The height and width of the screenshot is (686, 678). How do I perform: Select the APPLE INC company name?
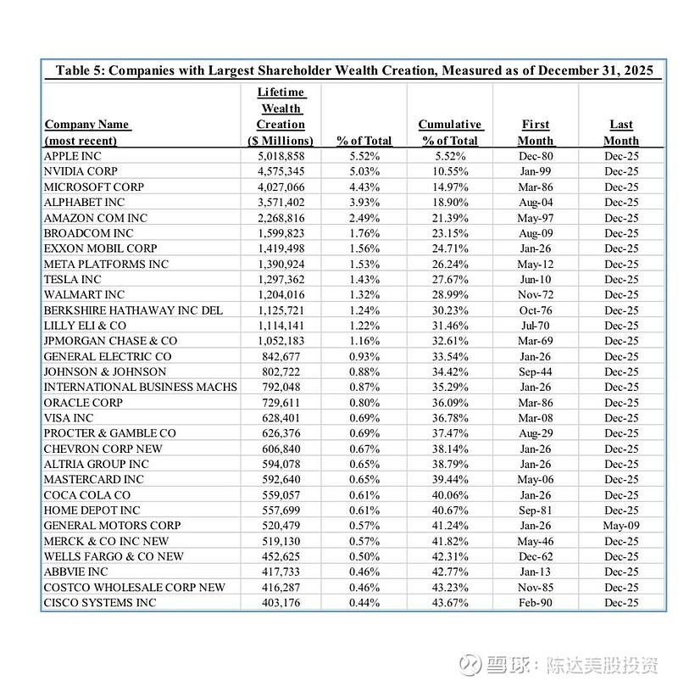[74, 156]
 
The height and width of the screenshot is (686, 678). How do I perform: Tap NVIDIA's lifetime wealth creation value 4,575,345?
[281, 171]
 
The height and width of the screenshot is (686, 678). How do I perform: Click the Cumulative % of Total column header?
[449, 132]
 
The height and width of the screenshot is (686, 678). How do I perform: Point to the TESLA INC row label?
[72, 279]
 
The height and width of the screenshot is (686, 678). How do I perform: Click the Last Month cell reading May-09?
[620, 526]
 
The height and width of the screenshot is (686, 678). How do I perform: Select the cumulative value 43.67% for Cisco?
[449, 603]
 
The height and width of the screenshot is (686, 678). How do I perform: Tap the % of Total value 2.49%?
[364, 218]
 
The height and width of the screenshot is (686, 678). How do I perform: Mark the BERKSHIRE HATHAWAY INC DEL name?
[133, 310]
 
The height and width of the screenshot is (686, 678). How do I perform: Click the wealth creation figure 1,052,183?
[281, 341]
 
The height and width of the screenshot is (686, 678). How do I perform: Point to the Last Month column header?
[620, 132]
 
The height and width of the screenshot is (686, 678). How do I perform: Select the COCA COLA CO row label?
[87, 495]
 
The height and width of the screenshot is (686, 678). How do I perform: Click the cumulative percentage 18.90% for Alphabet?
[449, 202]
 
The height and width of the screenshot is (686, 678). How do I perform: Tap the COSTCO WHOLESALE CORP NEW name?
[135, 588]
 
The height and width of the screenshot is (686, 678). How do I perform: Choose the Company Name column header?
[86, 132]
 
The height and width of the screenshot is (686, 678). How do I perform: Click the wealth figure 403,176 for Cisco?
[281, 603]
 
